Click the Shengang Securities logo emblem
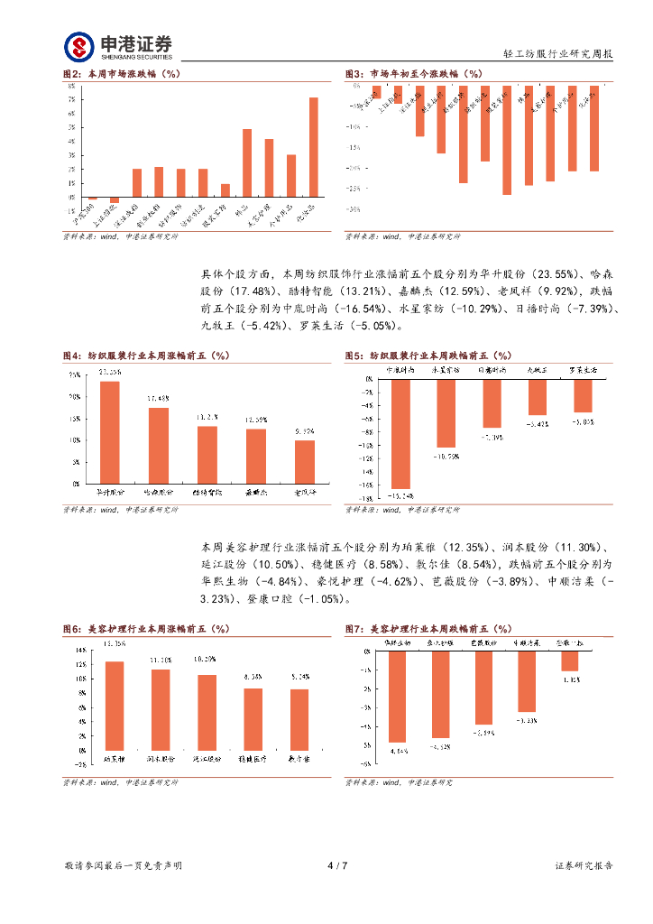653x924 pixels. click(x=78, y=46)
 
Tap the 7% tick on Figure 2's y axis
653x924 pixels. click(x=71, y=114)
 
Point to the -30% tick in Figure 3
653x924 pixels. click(x=354, y=209)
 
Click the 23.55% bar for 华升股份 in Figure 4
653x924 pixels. click(x=109, y=432)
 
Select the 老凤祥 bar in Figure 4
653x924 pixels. click(x=305, y=461)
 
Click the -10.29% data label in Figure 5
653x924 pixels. click(x=446, y=457)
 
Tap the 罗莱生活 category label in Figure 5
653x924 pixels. click(x=583, y=370)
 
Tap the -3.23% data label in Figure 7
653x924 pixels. click(x=528, y=720)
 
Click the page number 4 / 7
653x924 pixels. click(x=336, y=865)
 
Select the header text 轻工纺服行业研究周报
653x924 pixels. click(x=556, y=54)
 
